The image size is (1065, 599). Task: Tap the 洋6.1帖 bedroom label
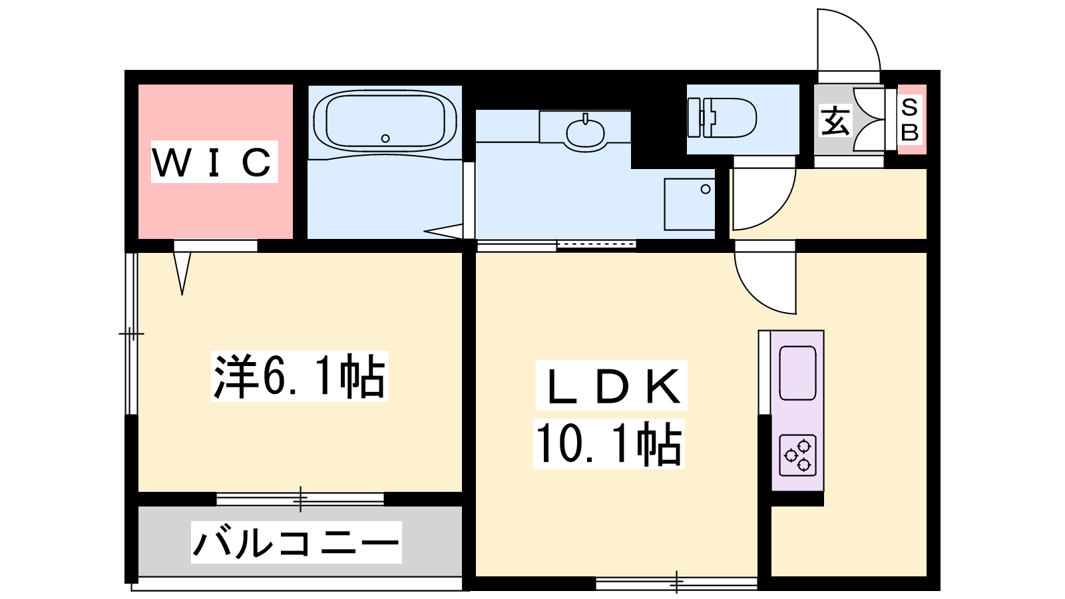tap(300, 376)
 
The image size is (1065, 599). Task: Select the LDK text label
tap(612, 386)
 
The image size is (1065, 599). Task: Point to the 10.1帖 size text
tap(609, 444)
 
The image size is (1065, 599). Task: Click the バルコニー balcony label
tap(296, 542)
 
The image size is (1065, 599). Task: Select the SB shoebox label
tap(909, 120)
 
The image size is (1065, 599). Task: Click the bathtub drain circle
tap(385, 138)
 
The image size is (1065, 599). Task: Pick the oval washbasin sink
tap(585, 132)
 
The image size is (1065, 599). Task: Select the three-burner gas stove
tap(798, 455)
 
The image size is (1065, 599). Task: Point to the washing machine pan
tap(690, 204)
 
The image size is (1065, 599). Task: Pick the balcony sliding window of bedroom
tap(300, 499)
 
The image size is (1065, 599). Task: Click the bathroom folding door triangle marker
tap(443, 231)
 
